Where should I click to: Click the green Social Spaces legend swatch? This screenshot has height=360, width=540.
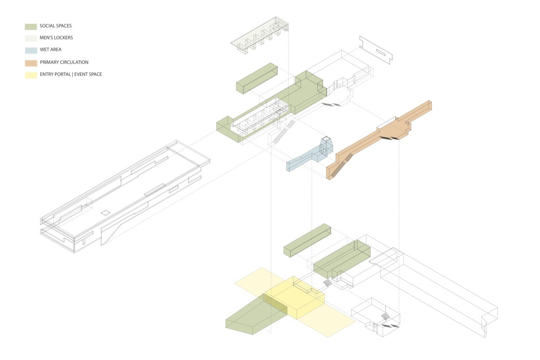point(31,27)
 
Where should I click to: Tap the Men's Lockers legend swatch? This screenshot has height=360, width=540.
point(31,38)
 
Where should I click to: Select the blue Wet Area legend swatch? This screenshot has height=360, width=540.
point(31,50)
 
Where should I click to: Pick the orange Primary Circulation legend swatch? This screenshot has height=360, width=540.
point(31,63)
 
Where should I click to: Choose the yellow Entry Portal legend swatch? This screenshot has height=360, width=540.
point(31,75)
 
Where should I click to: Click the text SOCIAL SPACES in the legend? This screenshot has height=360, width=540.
point(56,26)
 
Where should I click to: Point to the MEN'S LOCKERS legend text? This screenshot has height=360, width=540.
point(56,38)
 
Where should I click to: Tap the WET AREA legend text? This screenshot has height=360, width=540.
point(51,50)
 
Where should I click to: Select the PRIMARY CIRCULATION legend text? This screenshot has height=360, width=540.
point(64,62)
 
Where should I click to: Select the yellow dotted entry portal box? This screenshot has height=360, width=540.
point(295,298)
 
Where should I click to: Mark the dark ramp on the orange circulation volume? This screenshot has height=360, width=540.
point(339,166)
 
